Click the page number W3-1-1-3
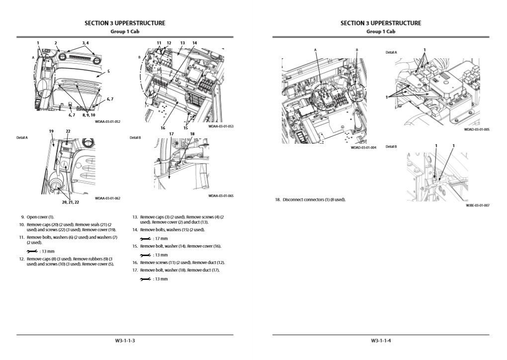[125, 341]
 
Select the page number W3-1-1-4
[381, 341]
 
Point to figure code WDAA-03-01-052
[108, 121]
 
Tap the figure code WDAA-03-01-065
[221, 195]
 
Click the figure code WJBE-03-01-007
[477, 205]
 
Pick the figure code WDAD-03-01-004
[363, 147]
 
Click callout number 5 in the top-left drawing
[108, 72]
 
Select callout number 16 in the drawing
[163, 128]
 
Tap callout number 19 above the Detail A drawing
[51, 131]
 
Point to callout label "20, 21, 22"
[70, 202]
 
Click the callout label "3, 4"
[85, 43]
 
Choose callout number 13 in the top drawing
[182, 43]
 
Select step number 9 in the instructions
[22, 217]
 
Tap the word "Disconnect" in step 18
[293, 199]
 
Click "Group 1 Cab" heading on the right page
[381, 31]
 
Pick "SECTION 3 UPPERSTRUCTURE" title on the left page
[125, 23]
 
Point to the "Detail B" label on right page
[391, 147]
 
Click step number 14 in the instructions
[135, 230]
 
